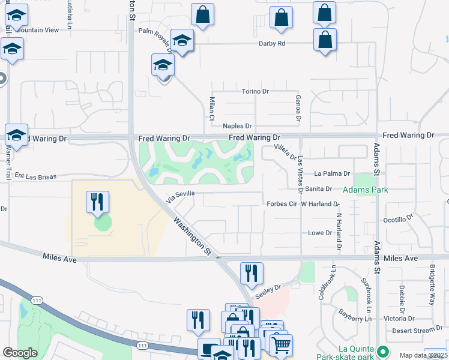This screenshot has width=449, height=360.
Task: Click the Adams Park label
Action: click(x=365, y=190)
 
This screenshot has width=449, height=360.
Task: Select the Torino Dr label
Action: click(x=255, y=91)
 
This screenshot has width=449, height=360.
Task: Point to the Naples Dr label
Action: click(x=237, y=126)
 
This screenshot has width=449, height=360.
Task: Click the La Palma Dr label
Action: click(x=333, y=173)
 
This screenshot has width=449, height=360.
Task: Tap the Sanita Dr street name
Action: click(x=336, y=188)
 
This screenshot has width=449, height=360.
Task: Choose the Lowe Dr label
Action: click(x=320, y=233)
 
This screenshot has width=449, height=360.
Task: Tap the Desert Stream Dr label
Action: click(x=417, y=331)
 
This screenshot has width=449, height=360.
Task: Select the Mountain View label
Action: click(x=38, y=29)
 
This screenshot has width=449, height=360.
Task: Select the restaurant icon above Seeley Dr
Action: click(x=252, y=273)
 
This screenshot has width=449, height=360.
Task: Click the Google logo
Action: click(x=19, y=353)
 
